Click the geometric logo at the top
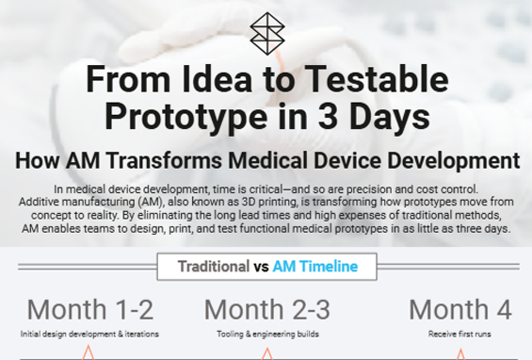tap(266, 34)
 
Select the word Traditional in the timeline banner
tap(213, 267)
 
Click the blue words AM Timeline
tap(314, 267)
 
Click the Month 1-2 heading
tap(89, 309)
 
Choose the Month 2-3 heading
tap(266, 309)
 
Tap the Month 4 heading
tap(460, 309)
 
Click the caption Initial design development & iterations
tap(89, 334)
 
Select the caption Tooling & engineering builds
tap(266, 334)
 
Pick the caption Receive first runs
tap(460, 334)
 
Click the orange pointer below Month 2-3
tap(266, 353)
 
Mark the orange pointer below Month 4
tap(460, 353)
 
